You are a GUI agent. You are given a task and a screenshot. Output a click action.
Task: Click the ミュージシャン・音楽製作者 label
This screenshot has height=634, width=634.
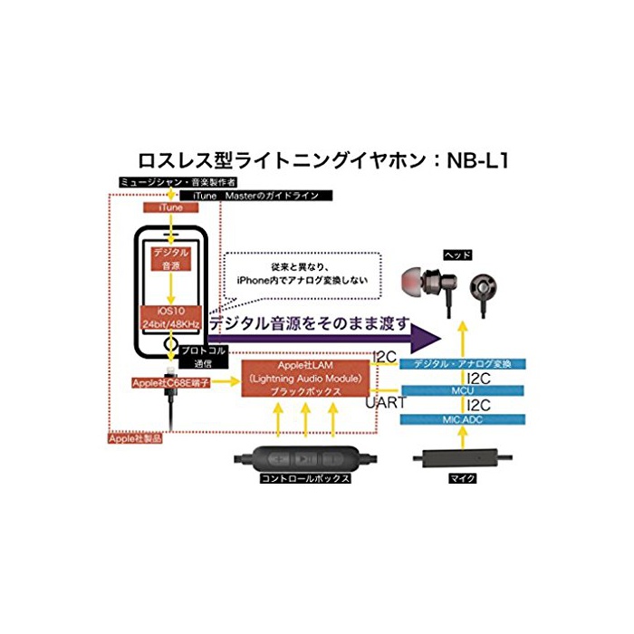(171, 182)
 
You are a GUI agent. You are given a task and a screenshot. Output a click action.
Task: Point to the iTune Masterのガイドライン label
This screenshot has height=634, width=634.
(256, 195)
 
